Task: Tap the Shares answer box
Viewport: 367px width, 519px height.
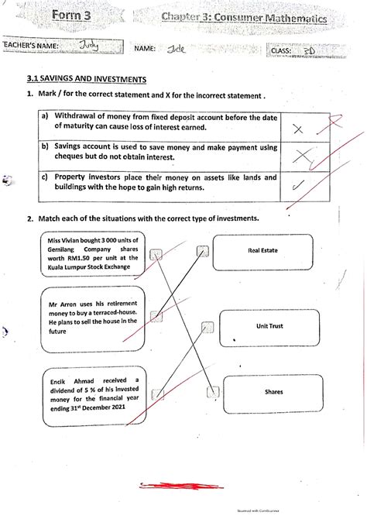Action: click(273, 392)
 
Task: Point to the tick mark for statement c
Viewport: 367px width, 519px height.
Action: click(298, 184)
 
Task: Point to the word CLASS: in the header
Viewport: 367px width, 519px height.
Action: click(283, 50)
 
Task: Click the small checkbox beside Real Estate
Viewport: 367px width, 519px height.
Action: click(203, 250)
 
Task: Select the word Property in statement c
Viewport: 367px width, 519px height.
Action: click(73, 177)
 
